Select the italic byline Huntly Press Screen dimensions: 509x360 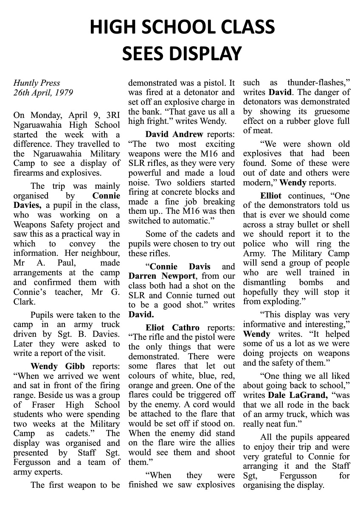[37, 83]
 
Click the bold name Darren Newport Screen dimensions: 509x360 [155, 276]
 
